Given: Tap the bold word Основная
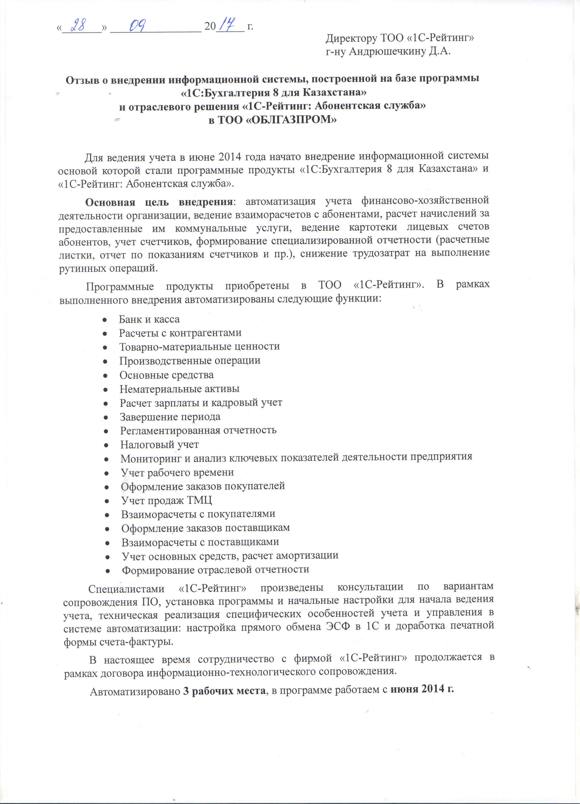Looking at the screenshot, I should click(x=110, y=202).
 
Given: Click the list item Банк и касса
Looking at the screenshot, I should click(x=149, y=319).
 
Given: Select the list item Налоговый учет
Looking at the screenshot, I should click(x=159, y=444).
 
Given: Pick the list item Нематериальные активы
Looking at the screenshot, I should click(x=179, y=389).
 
